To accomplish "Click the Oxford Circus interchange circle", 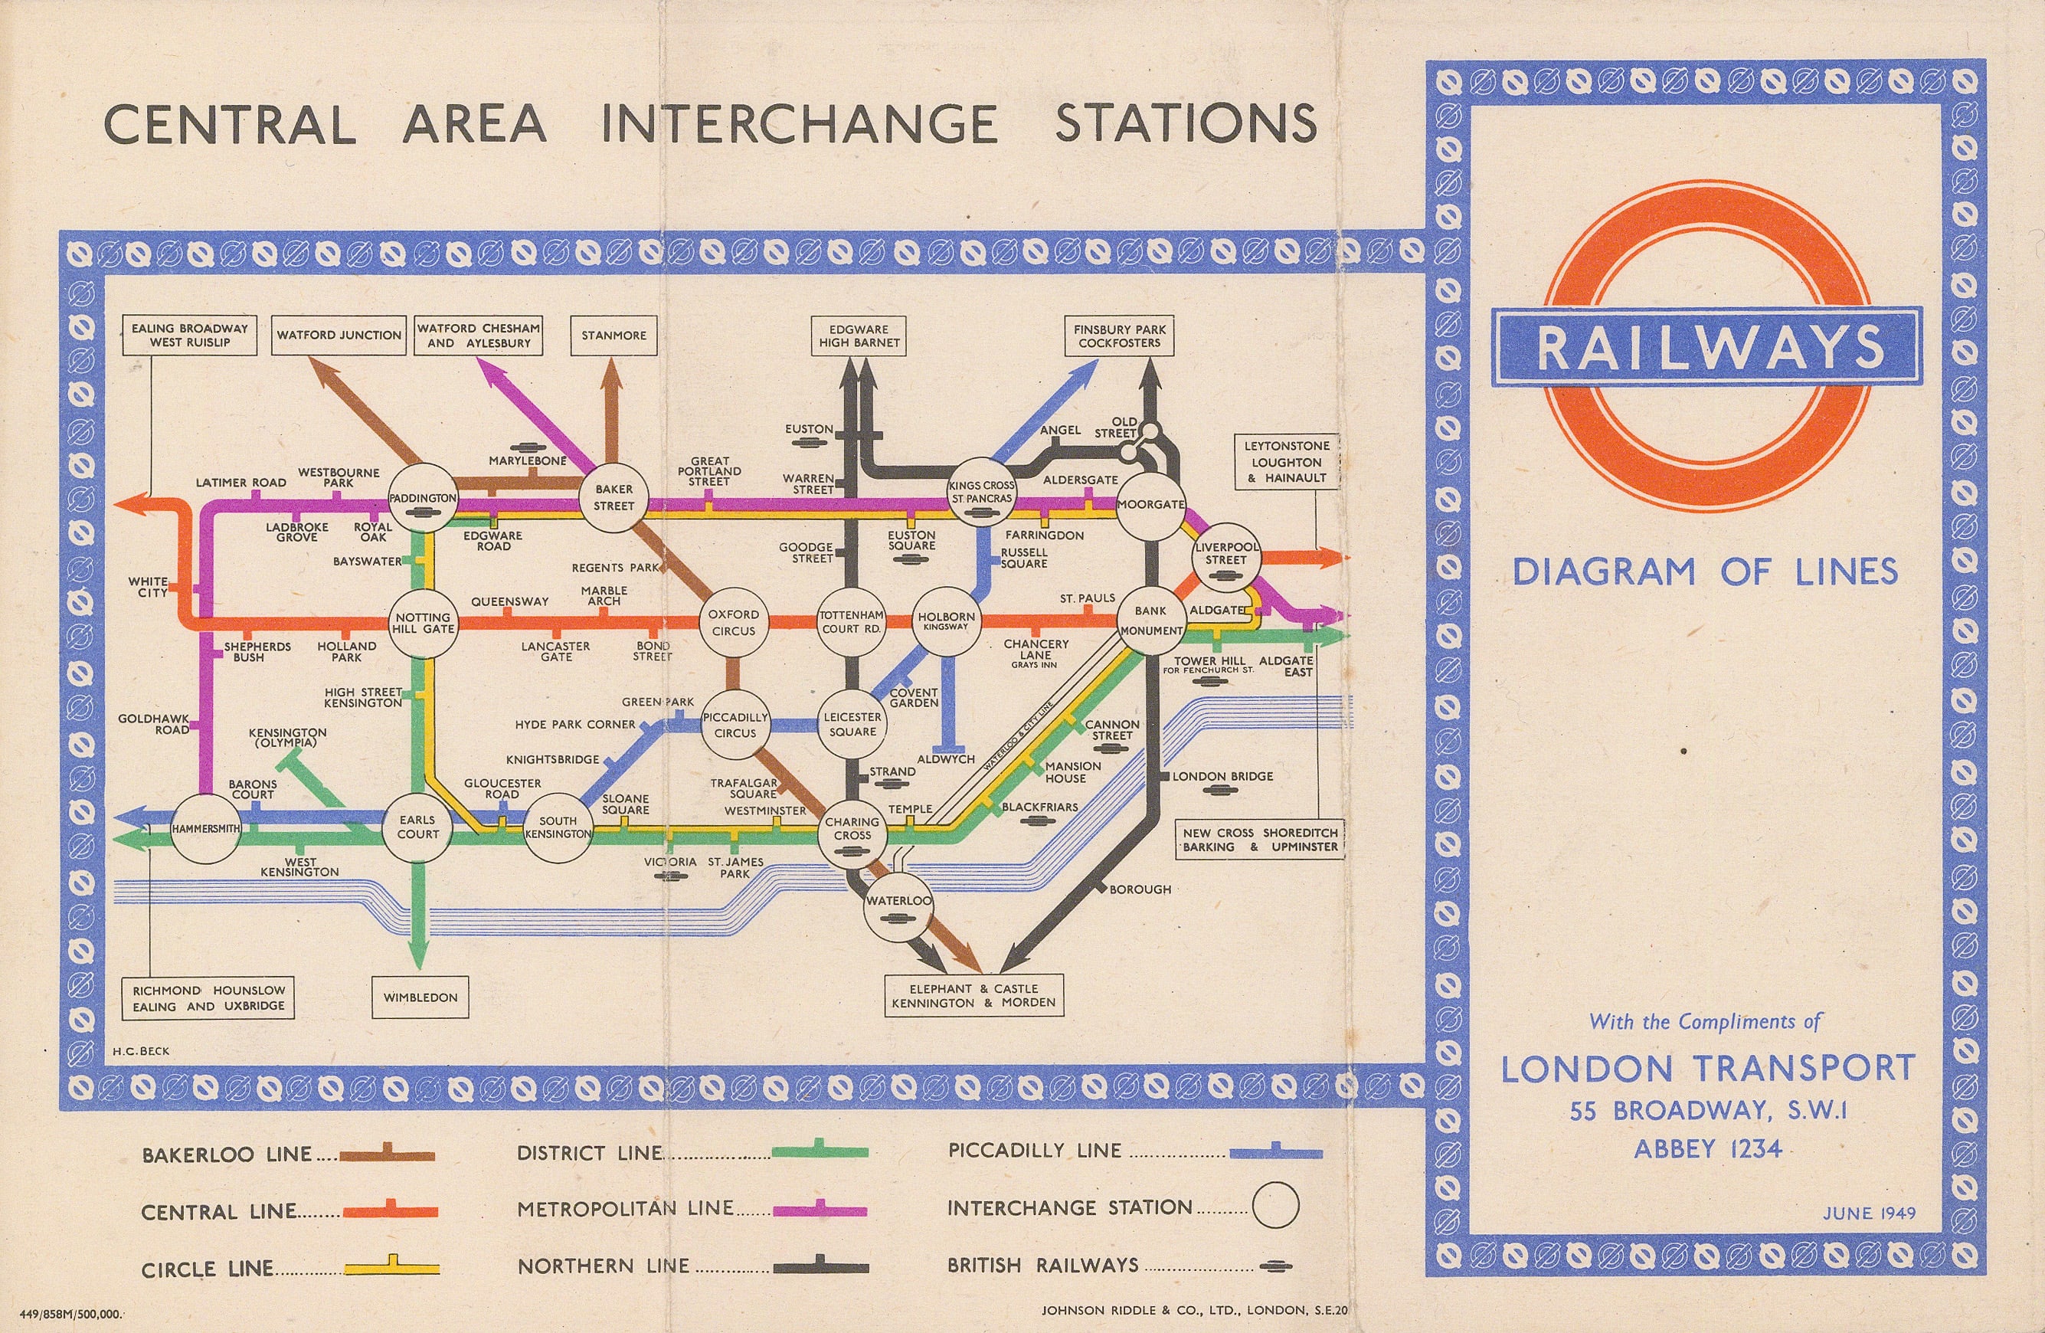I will [x=733, y=622].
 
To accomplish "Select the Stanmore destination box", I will [x=613, y=336].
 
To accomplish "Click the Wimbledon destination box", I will [x=420, y=997].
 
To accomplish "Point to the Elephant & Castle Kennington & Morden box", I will [x=973, y=995].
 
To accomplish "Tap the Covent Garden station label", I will [x=914, y=697].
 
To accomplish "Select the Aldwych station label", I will [x=945, y=759].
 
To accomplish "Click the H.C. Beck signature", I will [x=141, y=1050].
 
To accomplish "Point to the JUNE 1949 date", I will [x=1869, y=1213].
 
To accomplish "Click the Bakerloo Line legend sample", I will [x=387, y=1155].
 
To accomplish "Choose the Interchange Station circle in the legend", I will [x=1275, y=1206].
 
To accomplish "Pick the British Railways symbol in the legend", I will [x=1275, y=1266].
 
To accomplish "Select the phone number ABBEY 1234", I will [x=1707, y=1148].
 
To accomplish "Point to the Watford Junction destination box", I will [x=339, y=336].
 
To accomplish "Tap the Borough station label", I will [x=1140, y=889].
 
